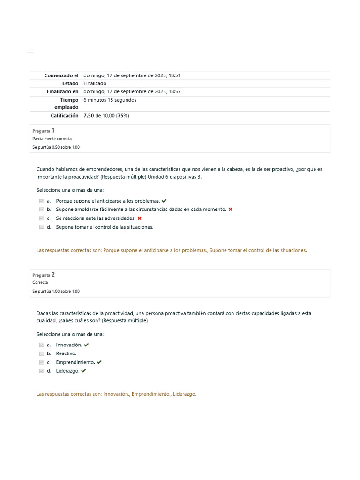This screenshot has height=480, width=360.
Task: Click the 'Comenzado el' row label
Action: (x=61, y=75)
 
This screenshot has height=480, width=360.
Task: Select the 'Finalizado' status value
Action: (x=95, y=83)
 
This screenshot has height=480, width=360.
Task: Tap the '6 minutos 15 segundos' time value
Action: (x=110, y=100)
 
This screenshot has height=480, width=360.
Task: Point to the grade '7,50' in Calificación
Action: (x=89, y=115)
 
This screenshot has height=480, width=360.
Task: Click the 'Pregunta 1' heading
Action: (x=44, y=131)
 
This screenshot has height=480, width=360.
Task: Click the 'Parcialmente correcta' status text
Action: (x=52, y=139)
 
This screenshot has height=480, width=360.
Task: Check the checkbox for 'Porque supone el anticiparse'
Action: (x=42, y=201)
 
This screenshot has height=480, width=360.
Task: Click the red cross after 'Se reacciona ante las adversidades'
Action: (x=140, y=218)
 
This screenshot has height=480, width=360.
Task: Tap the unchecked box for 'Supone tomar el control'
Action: (x=42, y=227)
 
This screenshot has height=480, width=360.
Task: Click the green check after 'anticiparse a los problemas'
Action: (x=164, y=201)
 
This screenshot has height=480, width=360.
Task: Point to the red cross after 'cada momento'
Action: (x=230, y=210)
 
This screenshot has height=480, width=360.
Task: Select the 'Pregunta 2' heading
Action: (x=44, y=275)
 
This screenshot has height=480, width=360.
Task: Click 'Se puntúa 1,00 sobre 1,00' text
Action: (x=56, y=291)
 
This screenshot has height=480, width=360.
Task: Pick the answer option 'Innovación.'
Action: (x=69, y=345)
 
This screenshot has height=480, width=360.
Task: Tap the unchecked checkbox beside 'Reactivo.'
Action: (x=42, y=353)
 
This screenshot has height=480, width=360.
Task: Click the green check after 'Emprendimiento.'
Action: (x=99, y=362)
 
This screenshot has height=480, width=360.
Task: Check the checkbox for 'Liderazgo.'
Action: (x=42, y=371)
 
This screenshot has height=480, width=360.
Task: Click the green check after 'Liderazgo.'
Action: (x=83, y=371)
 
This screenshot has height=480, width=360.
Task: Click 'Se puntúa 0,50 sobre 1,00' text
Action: (x=56, y=147)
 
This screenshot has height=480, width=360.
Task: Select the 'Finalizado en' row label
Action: (x=62, y=91)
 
